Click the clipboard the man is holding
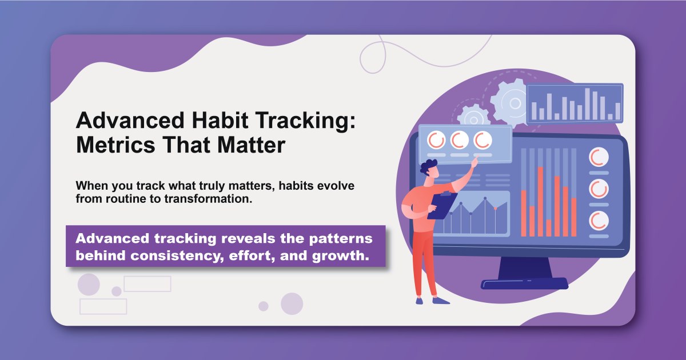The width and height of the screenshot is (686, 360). click(440, 206)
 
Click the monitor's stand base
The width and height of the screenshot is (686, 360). click(524, 283)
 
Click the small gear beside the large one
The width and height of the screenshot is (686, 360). click(473, 117)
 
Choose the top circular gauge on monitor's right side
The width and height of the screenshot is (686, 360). click(599, 157)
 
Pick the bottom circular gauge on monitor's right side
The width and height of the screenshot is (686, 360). click(599, 219)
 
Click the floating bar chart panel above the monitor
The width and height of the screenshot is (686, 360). click(575, 103)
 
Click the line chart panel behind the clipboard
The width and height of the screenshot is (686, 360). click(480, 214)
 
